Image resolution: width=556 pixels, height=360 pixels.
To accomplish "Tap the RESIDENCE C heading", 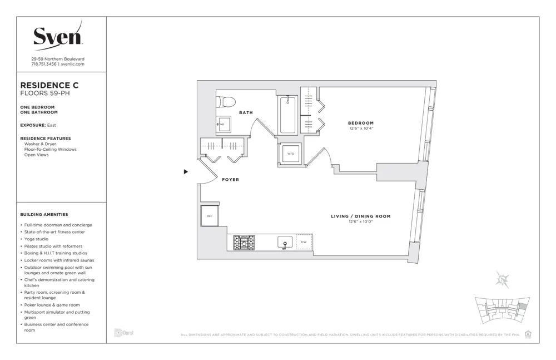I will point(49,85).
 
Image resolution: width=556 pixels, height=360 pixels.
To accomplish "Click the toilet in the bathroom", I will point(226,101).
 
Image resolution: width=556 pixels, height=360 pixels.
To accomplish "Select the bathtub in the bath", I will point(287,115).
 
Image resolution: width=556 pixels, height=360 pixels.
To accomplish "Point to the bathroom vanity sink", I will point(224,124).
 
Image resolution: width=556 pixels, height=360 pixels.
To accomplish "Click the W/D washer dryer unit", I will point(291,154).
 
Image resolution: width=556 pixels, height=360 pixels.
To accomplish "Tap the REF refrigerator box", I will point(210,216).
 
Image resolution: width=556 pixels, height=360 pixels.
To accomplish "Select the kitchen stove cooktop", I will point(244,243).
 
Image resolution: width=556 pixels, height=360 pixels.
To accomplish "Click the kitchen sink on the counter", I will point(285,243).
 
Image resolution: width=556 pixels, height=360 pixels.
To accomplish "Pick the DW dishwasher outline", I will point(304,242).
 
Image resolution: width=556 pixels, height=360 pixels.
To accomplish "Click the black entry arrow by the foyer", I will point(186,172).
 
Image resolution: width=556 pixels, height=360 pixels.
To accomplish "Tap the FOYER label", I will point(230,180).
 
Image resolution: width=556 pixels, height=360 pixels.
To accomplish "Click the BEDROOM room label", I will point(361,123).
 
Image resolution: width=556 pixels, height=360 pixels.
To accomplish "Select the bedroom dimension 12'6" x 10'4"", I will point(361,129).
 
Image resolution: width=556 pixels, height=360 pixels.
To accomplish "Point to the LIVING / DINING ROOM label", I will point(361,216).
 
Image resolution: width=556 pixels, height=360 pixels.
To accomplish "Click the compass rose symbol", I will point(504,280).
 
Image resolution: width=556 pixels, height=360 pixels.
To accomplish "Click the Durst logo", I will point(124,333).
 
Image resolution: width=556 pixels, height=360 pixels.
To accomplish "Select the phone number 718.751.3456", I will point(44,64).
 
